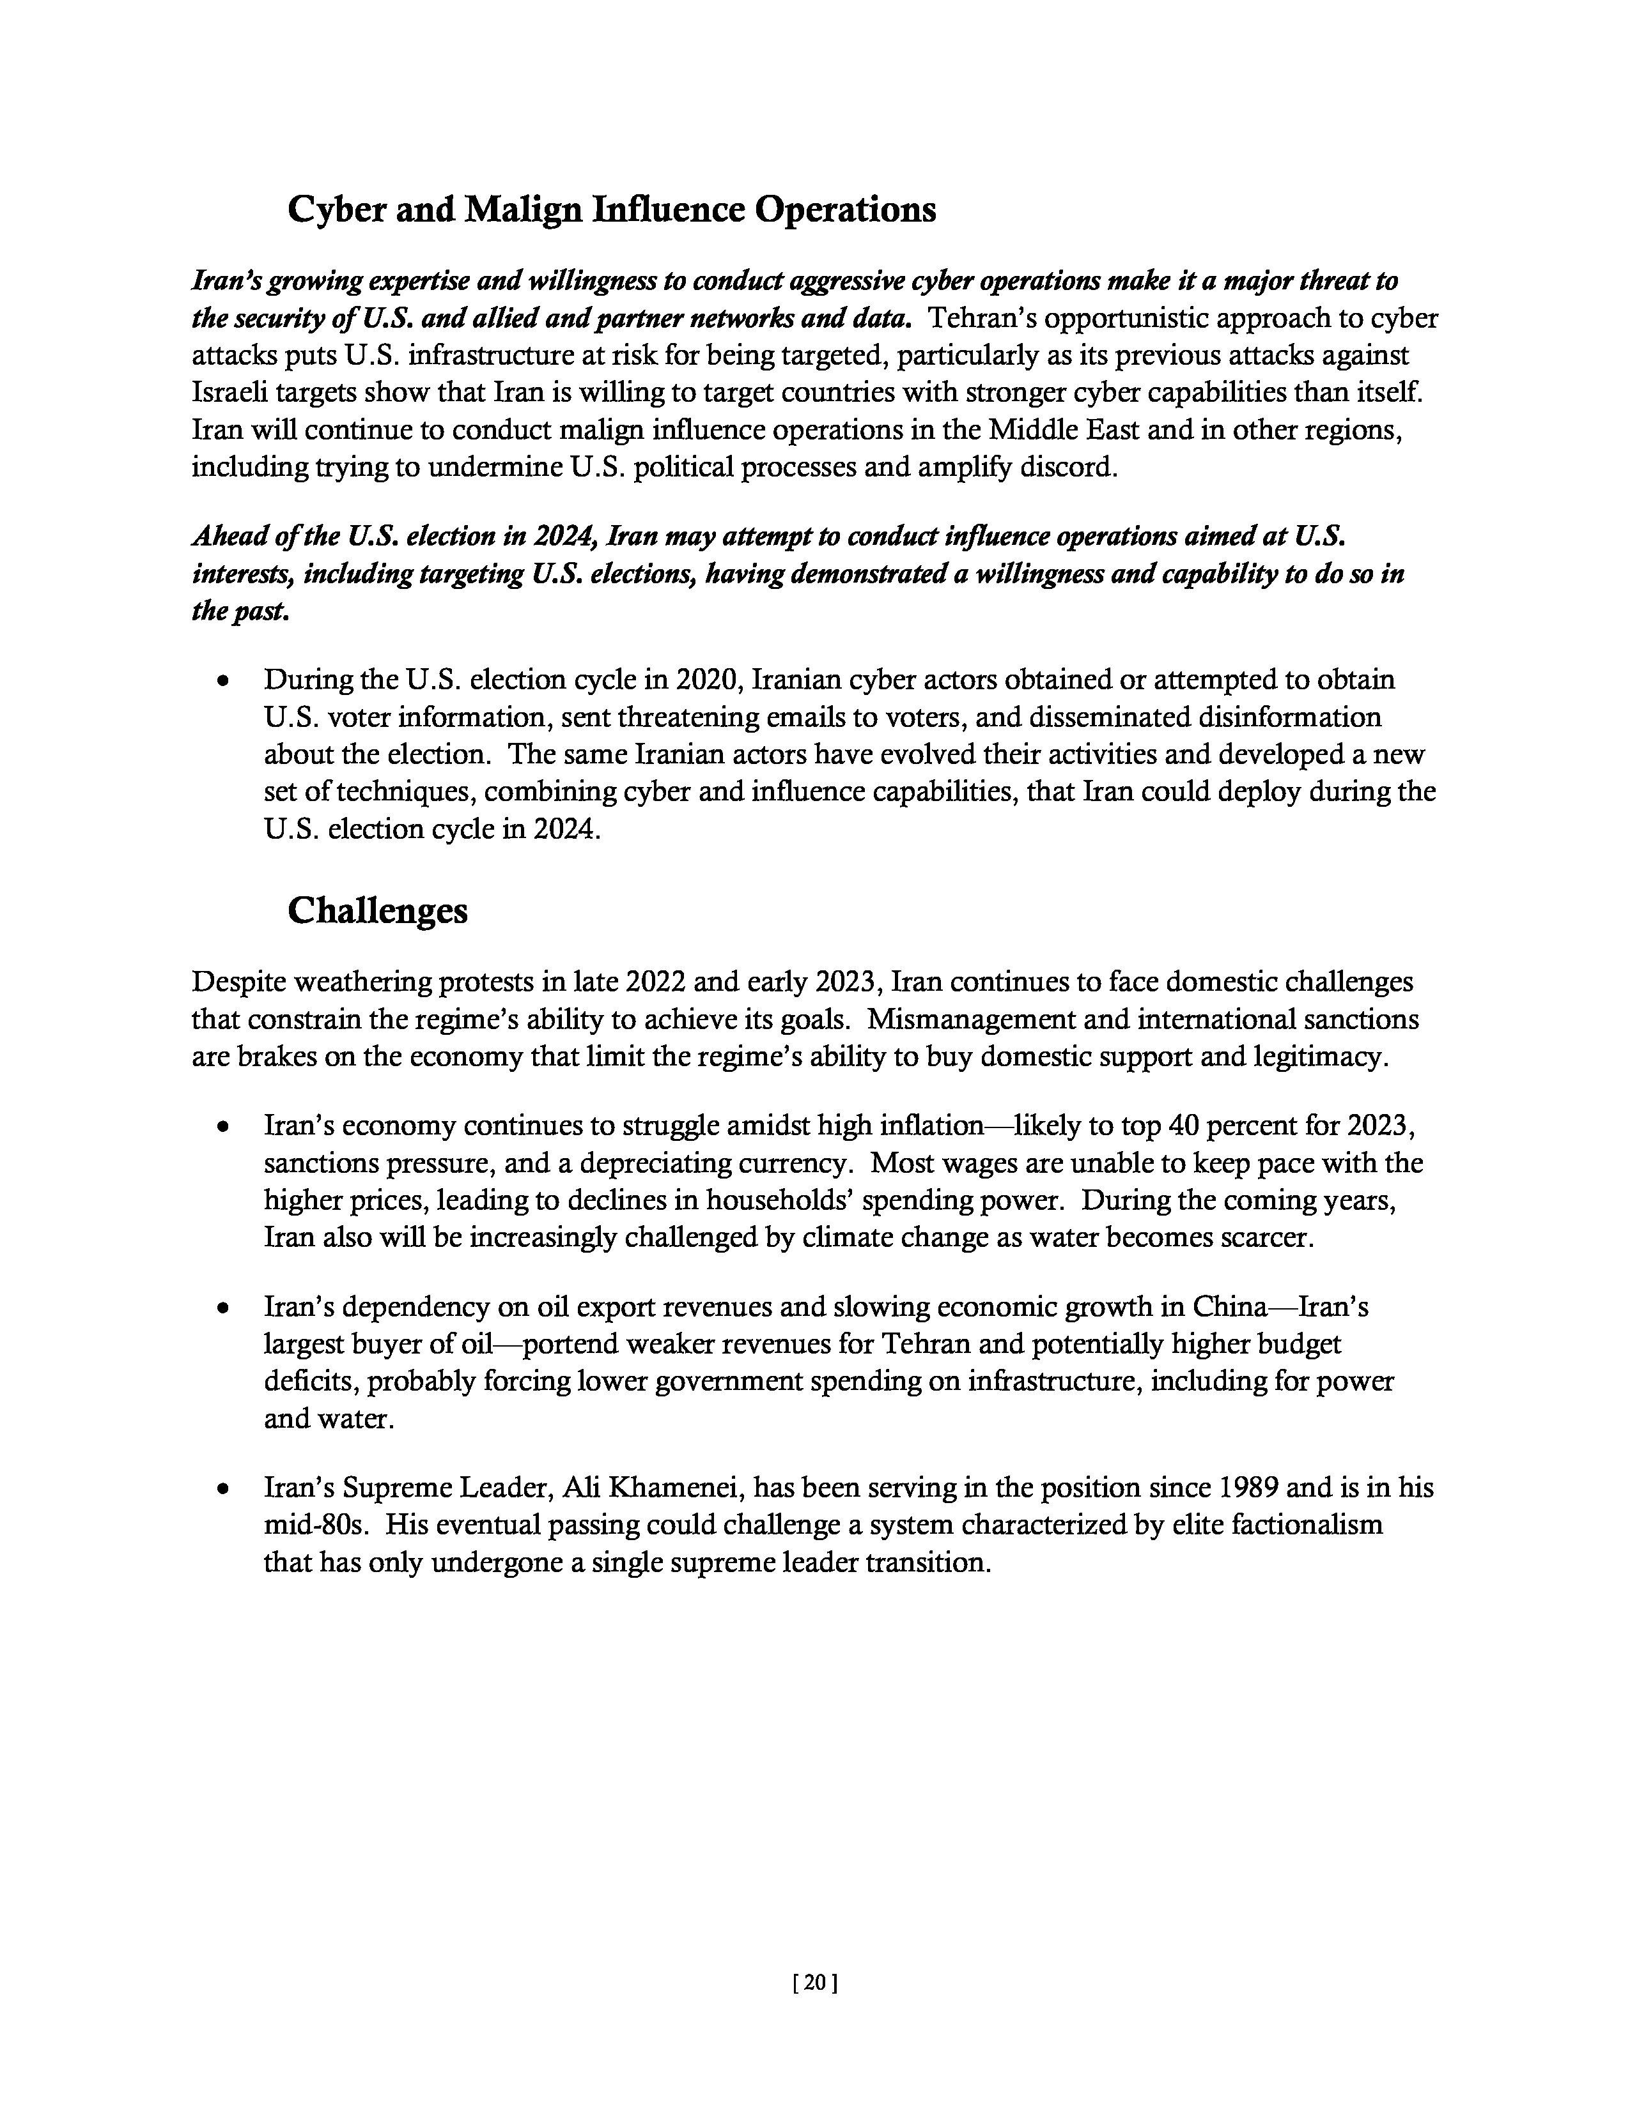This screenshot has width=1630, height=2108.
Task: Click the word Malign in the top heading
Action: pos(522,210)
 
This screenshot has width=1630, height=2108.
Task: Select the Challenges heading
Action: pos(378,910)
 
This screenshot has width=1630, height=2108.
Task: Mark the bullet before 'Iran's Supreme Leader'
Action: pos(224,1489)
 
